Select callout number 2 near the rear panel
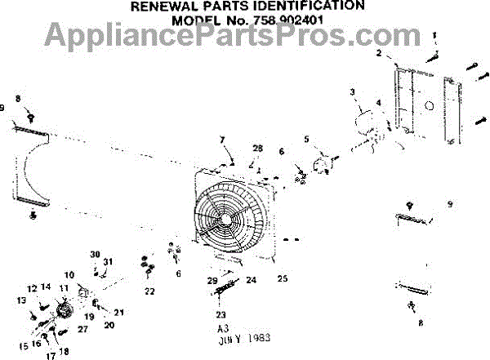point(379,53)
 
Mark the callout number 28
point(258,148)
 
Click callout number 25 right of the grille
point(283,278)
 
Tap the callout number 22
point(149,291)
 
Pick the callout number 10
point(69,274)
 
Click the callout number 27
point(82,329)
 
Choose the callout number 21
point(119,313)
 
